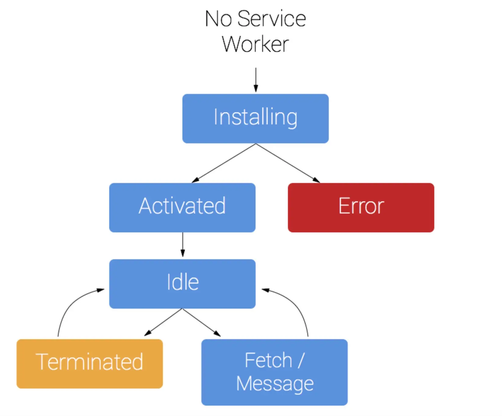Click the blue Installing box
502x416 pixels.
click(256, 118)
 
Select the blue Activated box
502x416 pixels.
click(182, 207)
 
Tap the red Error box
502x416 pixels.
click(361, 207)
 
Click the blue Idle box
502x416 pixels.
click(182, 284)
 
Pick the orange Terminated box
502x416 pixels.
click(90, 364)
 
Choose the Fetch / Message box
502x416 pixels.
click(274, 372)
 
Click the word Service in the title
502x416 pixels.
click(271, 19)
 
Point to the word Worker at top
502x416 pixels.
click(256, 45)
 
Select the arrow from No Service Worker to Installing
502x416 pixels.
click(256, 80)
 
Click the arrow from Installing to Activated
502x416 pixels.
click(224, 163)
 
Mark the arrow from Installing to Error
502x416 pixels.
click(288, 163)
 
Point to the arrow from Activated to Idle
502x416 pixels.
click(183, 245)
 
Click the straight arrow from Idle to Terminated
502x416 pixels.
click(163, 322)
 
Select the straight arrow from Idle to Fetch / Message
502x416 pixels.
click(202, 322)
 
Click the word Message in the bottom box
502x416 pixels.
click(275, 384)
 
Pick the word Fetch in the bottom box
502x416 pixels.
click(268, 360)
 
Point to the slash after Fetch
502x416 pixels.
click(301, 360)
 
